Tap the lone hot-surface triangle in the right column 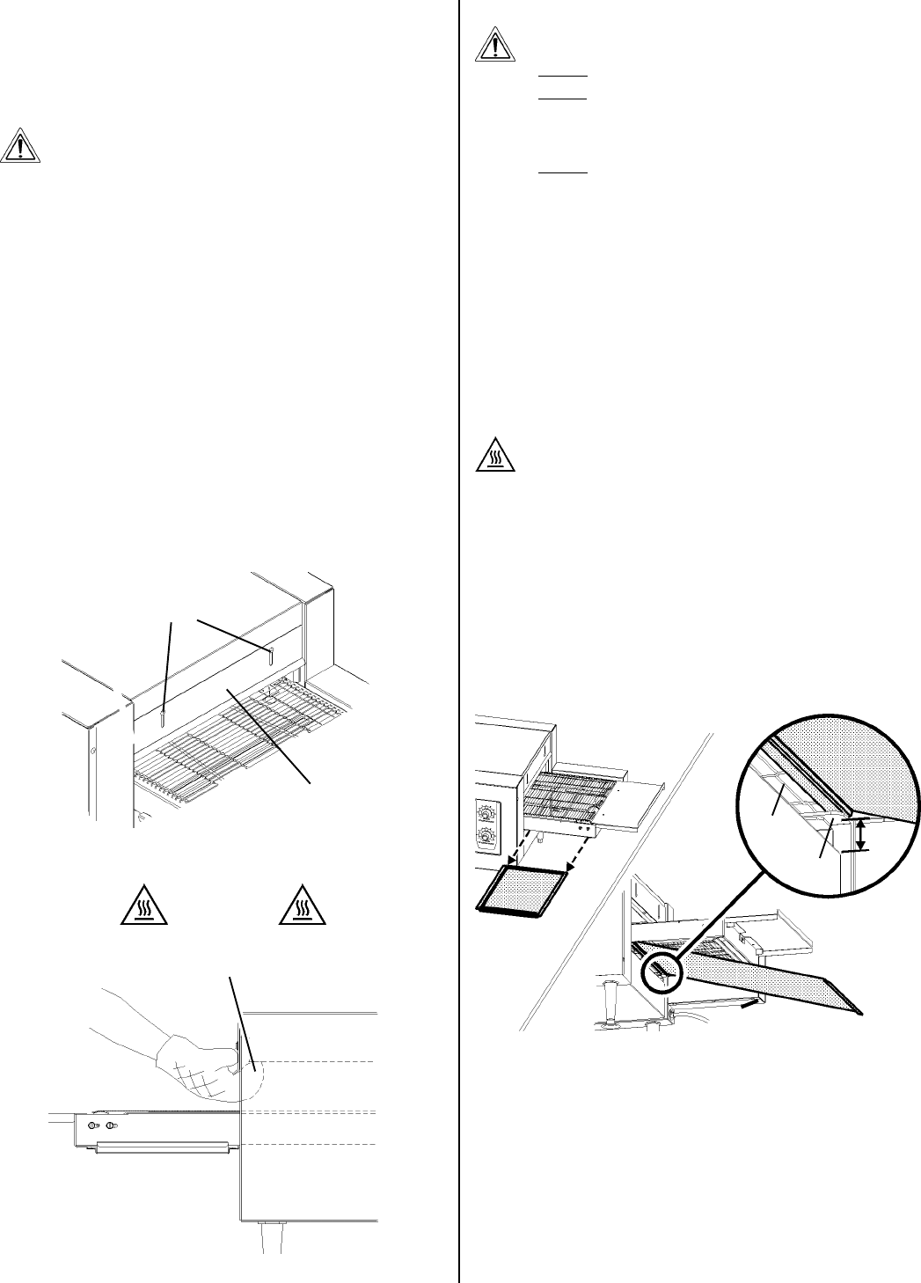tap(496, 455)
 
